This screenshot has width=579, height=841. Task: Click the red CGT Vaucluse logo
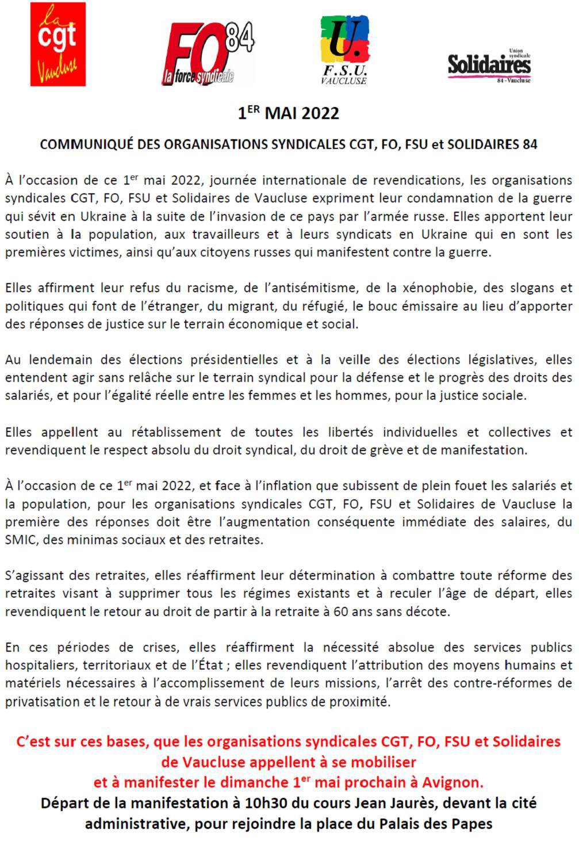tap(57, 44)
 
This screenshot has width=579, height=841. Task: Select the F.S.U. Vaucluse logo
tap(344, 49)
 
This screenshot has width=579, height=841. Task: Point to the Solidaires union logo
tap(489, 66)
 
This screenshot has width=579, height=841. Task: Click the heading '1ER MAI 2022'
tap(289, 112)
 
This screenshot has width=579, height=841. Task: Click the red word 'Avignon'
tap(453, 782)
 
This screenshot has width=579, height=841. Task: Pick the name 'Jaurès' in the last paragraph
tap(410, 802)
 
